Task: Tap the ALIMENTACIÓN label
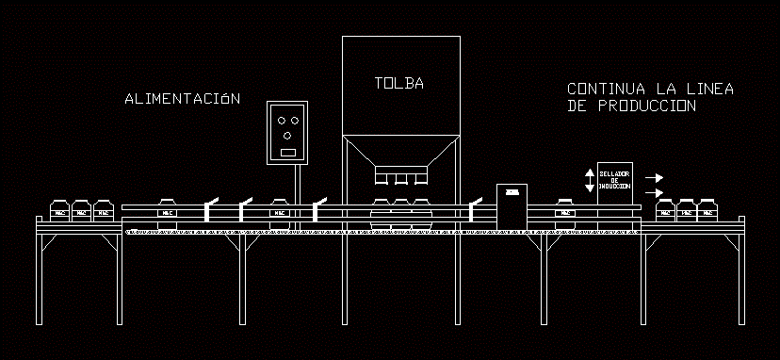183,98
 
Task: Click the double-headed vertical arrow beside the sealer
590,181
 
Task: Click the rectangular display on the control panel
288,152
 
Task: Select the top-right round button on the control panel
295,121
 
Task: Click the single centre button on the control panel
288,136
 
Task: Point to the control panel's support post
298,194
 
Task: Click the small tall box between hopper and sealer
512,205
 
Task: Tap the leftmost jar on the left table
59,210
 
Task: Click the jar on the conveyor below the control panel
280,210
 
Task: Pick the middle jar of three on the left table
81,210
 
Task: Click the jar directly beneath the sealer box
565,210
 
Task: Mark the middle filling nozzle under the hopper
400,178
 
